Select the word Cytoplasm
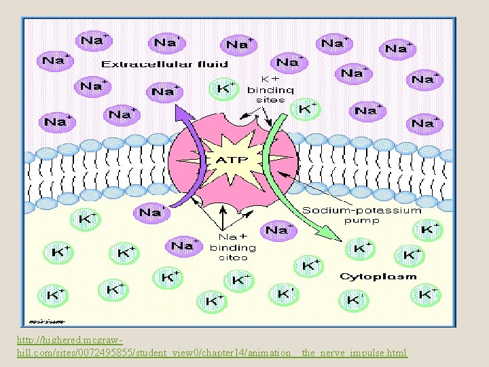pyautogui.click(x=378, y=277)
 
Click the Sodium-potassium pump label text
pyautogui.click(x=361, y=211)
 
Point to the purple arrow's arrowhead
pyautogui.click(x=177, y=110)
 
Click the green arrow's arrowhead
pyautogui.click(x=331, y=236)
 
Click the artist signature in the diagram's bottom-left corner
pyautogui.click(x=46, y=320)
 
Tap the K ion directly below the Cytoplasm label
pyautogui.click(x=355, y=299)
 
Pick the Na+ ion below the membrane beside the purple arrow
pyautogui.click(x=151, y=213)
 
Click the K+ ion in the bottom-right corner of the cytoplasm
pyautogui.click(x=427, y=294)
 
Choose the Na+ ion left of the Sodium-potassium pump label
pyautogui.click(x=276, y=230)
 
